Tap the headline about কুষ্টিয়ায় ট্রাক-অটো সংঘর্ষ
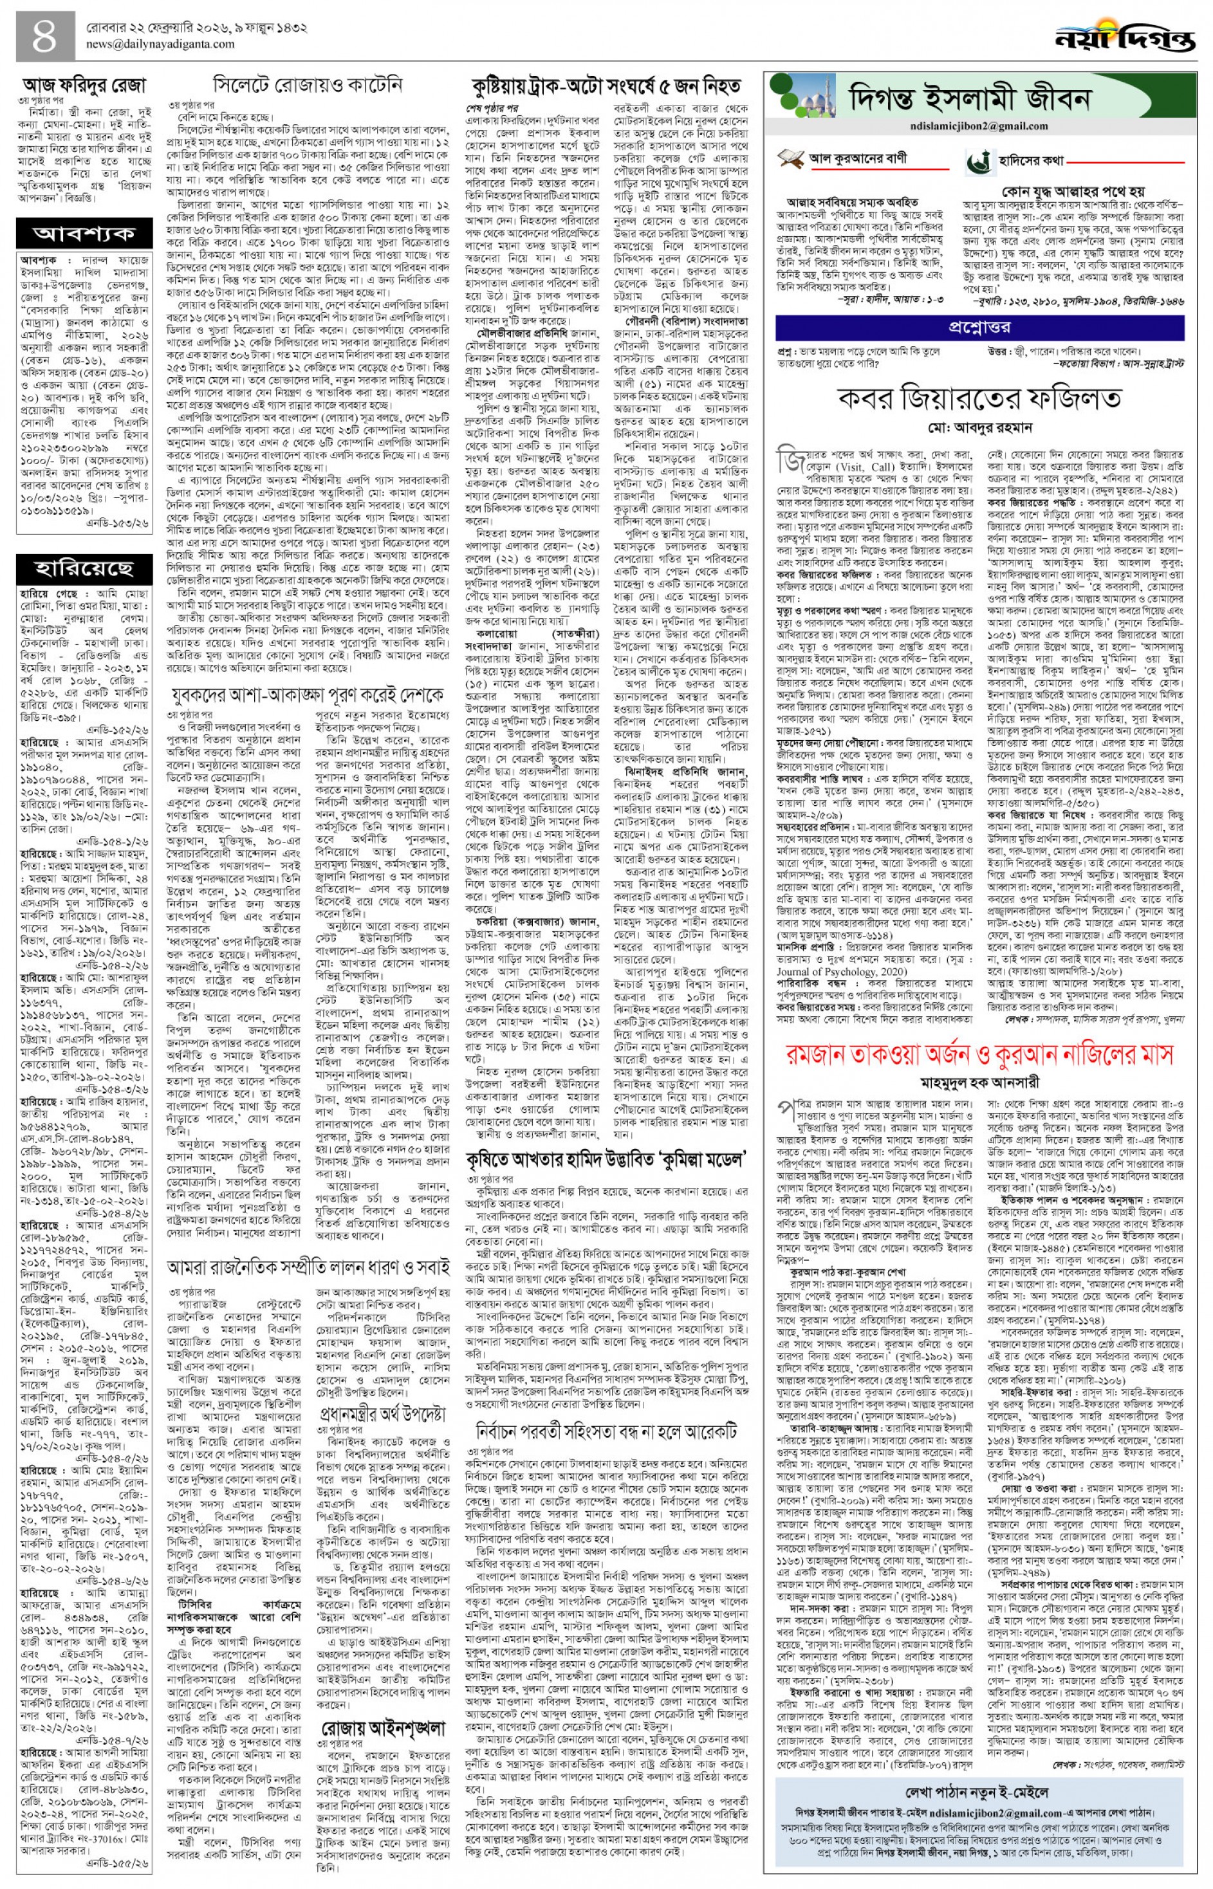point(606,85)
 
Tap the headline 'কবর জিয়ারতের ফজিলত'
point(981,398)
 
